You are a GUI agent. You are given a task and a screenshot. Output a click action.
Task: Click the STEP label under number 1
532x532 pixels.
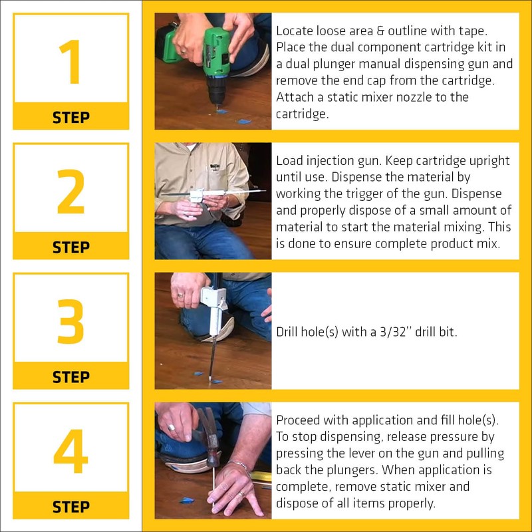coord(70,117)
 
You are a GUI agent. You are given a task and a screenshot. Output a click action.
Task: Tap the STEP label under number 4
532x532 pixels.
coord(70,506)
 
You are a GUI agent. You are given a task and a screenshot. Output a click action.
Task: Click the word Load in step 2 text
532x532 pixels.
coord(289,162)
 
